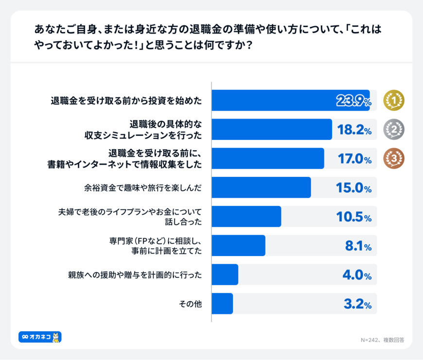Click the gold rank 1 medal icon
click(394, 100)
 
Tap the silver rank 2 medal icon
click(394, 129)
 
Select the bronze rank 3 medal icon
click(394, 158)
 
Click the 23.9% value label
click(353, 101)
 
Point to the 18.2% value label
click(354, 130)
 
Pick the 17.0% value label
click(354, 159)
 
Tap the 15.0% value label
click(354, 188)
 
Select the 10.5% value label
click(354, 217)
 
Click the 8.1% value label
click(358, 246)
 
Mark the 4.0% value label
click(356, 275)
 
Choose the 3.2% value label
click(356, 304)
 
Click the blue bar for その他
click(223, 304)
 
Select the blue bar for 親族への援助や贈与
click(225, 274)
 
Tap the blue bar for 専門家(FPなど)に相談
click(239, 245)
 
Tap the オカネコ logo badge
click(40, 337)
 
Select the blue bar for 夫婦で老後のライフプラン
click(247, 217)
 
